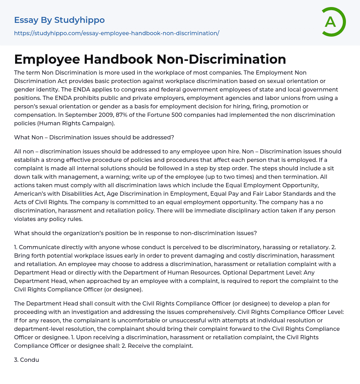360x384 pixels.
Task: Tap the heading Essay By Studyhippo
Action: coord(59,20)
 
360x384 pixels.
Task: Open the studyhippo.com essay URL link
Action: coord(116,33)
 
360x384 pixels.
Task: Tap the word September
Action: coord(66,115)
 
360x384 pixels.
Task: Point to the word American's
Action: coord(31,194)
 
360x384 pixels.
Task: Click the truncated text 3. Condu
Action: coord(27,360)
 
